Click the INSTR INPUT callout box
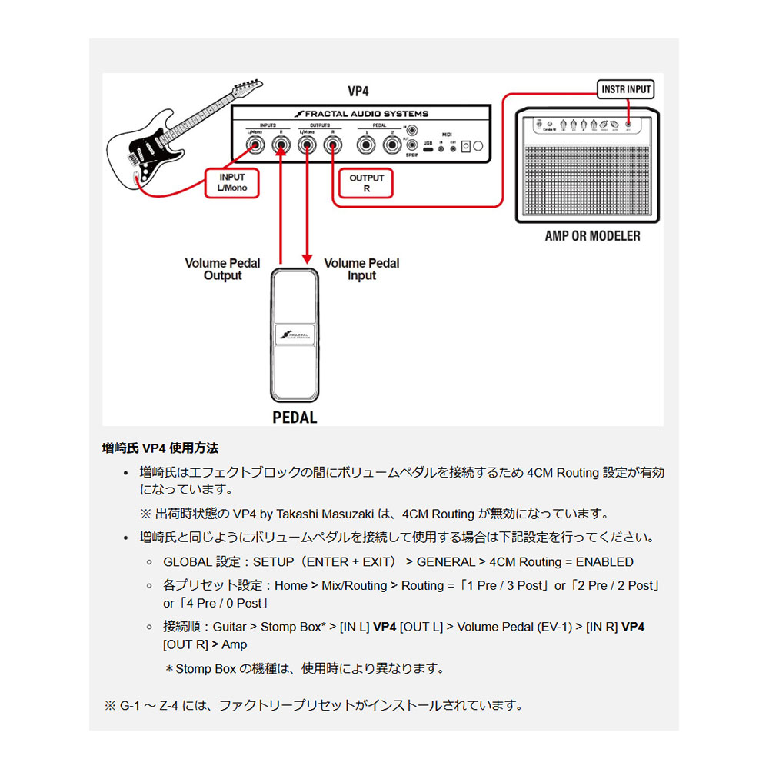(x=626, y=89)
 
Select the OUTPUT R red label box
(x=367, y=183)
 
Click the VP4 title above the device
(x=358, y=91)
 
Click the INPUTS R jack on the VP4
(x=281, y=143)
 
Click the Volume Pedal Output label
(x=222, y=269)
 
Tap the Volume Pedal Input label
(x=361, y=269)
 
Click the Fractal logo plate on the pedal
(x=295, y=335)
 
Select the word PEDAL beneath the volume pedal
(x=295, y=418)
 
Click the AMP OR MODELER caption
(x=592, y=235)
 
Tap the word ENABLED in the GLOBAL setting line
(x=604, y=562)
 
